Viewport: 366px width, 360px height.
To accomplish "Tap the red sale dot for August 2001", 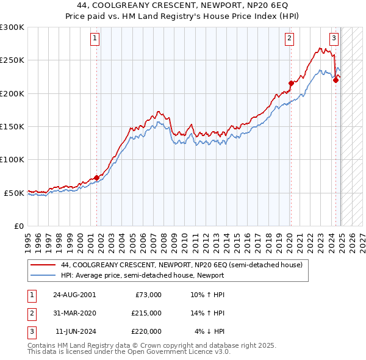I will [x=96, y=178].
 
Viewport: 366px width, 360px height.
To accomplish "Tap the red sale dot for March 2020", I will [x=291, y=83].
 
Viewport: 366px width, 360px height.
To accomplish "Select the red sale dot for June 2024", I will [x=335, y=80].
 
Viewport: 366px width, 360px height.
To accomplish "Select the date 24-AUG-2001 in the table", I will [x=74, y=295].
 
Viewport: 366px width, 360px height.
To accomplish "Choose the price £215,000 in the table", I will [x=146, y=313].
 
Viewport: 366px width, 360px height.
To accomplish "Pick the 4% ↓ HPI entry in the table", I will [x=210, y=331].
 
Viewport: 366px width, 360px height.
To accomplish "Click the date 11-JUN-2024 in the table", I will [x=74, y=331].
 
